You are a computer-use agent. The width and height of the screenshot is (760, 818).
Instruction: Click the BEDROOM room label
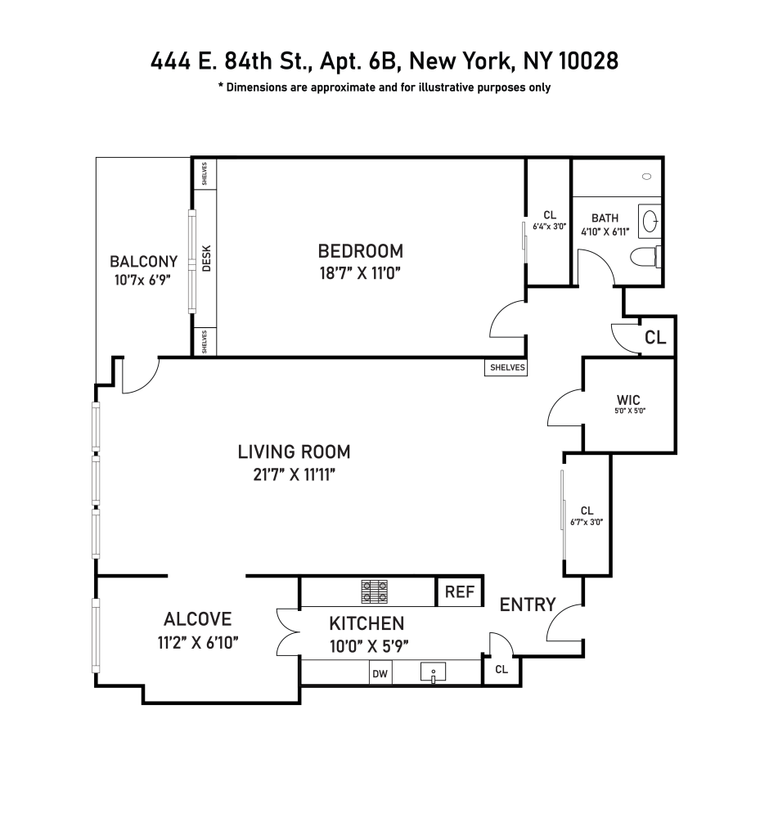[x=360, y=250]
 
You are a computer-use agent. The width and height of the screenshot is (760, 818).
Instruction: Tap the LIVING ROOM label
[x=294, y=451]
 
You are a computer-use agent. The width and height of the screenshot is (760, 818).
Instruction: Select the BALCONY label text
[x=143, y=262]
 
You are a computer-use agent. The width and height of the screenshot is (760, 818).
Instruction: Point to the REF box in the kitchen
[x=460, y=592]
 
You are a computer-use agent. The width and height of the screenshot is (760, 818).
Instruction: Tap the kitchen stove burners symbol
[x=376, y=590]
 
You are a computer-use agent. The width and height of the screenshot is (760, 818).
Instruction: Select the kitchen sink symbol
[x=433, y=673]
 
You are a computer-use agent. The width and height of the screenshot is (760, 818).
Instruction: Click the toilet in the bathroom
[x=645, y=256]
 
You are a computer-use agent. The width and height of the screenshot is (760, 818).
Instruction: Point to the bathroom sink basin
[x=650, y=221]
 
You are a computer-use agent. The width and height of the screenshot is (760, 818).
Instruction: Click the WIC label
[x=627, y=400]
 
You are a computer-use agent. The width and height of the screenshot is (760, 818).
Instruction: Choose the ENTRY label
[x=528, y=605]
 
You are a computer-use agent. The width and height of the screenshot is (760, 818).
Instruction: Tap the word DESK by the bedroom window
[x=206, y=259]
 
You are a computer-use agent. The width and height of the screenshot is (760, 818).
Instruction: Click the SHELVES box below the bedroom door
[x=506, y=368]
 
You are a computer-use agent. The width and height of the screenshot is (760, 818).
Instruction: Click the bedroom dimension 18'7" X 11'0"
[x=360, y=272]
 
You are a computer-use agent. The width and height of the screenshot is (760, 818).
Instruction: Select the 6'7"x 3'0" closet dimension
[x=587, y=522]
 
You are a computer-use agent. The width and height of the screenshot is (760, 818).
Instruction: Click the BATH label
[x=605, y=218]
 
